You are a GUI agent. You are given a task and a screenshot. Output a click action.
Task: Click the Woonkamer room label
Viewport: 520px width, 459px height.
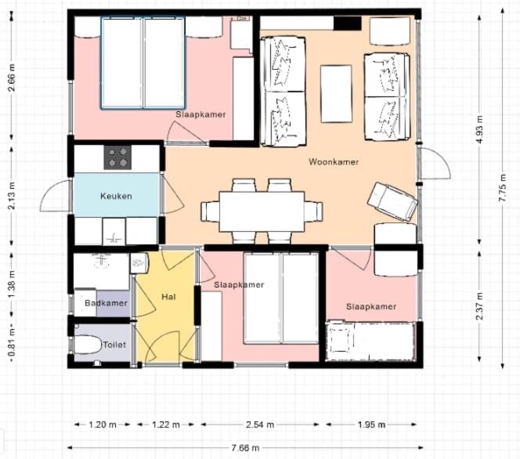point(334,162)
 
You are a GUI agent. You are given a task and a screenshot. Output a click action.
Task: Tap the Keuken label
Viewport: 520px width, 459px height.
point(116,196)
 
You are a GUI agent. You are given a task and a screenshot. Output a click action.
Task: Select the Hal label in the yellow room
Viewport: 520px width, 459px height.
point(168,297)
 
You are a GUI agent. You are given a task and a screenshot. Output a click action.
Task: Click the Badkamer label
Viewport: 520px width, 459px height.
point(106,303)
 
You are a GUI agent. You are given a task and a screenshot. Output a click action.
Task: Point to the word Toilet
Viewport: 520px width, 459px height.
point(114,345)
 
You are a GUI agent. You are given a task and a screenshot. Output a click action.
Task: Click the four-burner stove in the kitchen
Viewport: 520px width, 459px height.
point(117,157)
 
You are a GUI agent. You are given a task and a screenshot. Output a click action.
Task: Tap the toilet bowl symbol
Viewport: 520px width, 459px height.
point(87,345)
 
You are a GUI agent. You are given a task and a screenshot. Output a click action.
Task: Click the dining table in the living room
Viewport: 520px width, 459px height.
point(262,211)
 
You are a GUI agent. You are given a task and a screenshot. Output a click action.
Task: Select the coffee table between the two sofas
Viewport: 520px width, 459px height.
point(336,94)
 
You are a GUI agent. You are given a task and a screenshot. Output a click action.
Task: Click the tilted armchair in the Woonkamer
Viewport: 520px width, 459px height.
point(392,201)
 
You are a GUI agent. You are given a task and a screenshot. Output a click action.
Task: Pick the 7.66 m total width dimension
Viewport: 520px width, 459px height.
point(245,448)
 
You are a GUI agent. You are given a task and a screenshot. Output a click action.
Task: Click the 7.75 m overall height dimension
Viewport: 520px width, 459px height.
point(503,188)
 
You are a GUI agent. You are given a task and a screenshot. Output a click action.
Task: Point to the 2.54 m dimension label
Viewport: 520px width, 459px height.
point(260,425)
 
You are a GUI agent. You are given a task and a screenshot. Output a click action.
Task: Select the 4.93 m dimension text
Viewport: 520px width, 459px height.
point(479,130)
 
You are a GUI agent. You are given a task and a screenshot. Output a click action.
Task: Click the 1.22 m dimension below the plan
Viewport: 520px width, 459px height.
point(166,425)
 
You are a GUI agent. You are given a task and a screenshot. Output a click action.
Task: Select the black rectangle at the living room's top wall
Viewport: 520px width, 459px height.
point(347,23)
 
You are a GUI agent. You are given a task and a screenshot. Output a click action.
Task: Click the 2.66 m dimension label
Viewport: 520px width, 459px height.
point(12,78)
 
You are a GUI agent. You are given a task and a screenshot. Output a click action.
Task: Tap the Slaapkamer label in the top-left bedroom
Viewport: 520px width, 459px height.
point(200,114)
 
